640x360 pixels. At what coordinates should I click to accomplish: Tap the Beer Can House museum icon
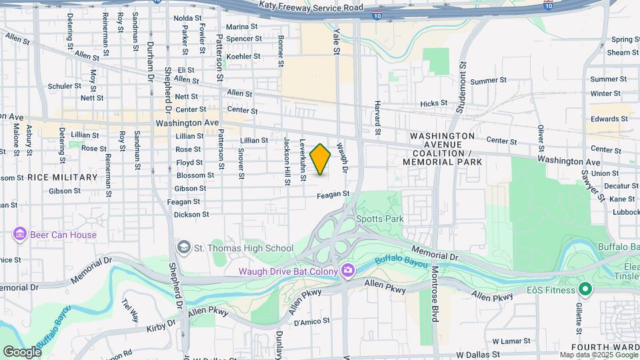coord(19,235)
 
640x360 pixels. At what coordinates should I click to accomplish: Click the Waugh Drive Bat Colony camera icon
coord(347,270)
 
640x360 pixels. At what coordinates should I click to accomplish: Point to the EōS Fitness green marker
coord(585,289)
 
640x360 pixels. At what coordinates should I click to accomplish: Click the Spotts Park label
coord(380,219)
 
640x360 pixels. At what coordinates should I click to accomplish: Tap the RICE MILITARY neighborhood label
coord(63,177)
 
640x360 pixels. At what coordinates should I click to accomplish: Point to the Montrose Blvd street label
coord(434,294)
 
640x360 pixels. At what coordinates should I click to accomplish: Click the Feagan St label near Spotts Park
coord(333,194)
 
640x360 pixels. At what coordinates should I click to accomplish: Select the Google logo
coord(22,351)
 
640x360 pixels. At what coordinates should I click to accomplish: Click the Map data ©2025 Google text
coord(599,355)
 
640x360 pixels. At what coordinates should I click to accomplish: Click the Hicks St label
coord(434,103)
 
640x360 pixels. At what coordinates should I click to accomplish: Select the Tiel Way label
coord(130,311)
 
